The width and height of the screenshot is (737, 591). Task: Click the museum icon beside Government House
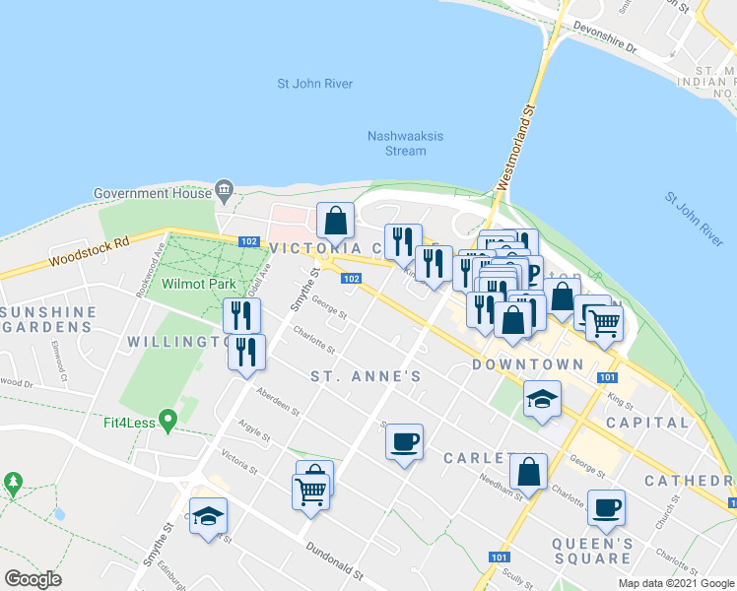[x=226, y=188]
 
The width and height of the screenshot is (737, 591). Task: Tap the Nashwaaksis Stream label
[x=397, y=144]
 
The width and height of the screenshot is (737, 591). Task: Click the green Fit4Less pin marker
[x=167, y=422]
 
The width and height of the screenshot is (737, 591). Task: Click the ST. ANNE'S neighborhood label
[x=366, y=376]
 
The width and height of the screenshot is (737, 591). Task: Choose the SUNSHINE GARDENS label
[x=48, y=319]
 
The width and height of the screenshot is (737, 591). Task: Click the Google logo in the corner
[x=33, y=578]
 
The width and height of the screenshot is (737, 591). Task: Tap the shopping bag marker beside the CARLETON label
[x=529, y=472]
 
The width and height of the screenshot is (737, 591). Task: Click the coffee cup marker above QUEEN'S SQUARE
[x=606, y=507]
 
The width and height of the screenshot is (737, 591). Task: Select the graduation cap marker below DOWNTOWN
[x=542, y=400]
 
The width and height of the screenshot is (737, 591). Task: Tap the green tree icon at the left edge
[x=13, y=483]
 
